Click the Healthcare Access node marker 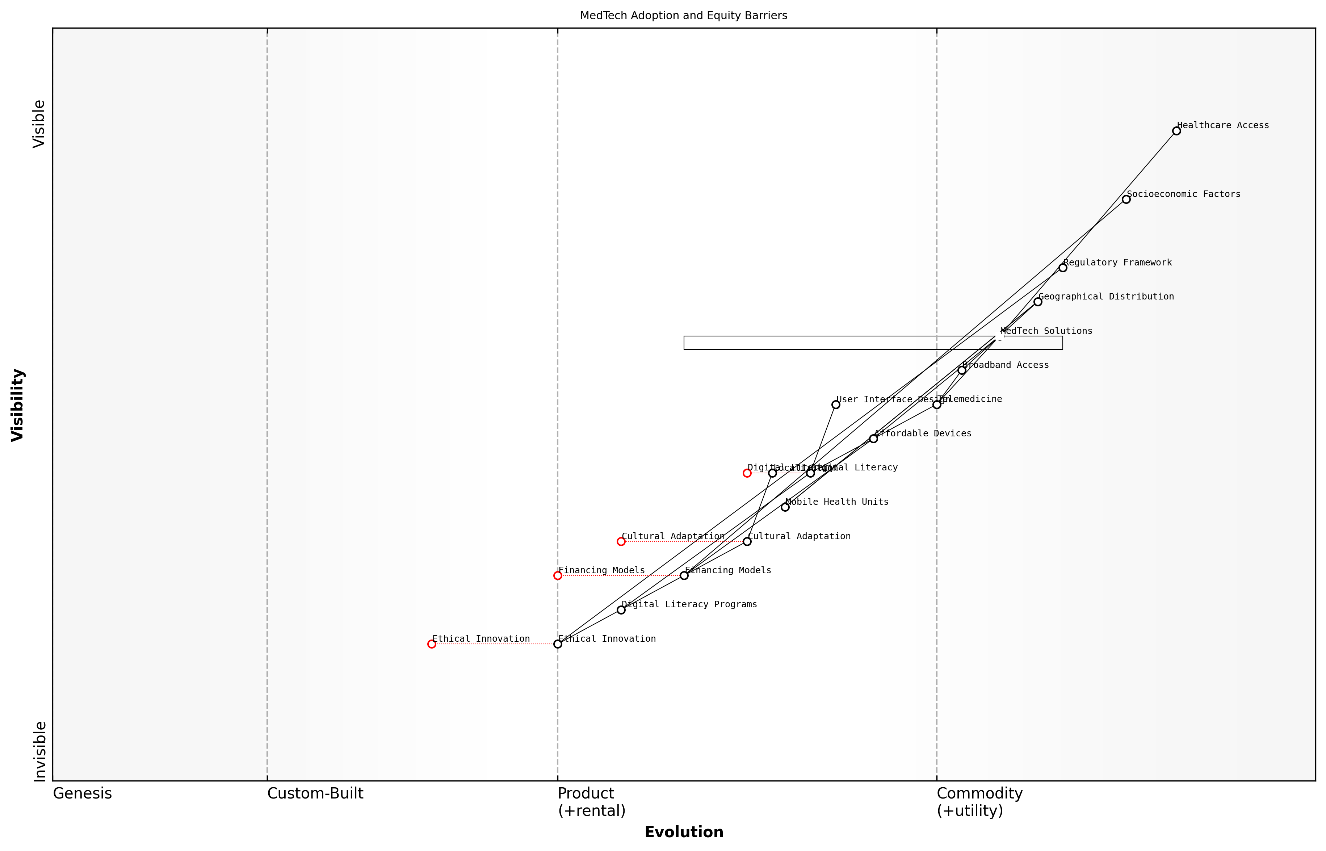pos(1176,131)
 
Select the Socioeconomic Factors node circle pos(1126,200)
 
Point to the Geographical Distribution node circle pos(1038,302)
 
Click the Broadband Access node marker pos(962,370)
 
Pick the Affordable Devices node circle pos(873,439)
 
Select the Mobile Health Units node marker pos(785,507)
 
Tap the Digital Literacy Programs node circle pos(621,610)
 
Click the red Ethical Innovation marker pos(432,644)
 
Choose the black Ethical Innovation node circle pos(558,644)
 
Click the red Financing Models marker pos(558,576)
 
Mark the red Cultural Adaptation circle pos(621,541)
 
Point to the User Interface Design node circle pos(835,404)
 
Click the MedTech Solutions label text pos(1046,331)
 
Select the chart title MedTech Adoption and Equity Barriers pos(683,16)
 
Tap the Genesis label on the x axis pos(82,793)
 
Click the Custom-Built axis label pos(315,793)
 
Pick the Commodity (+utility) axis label pos(979,802)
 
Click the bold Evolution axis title pos(683,832)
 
